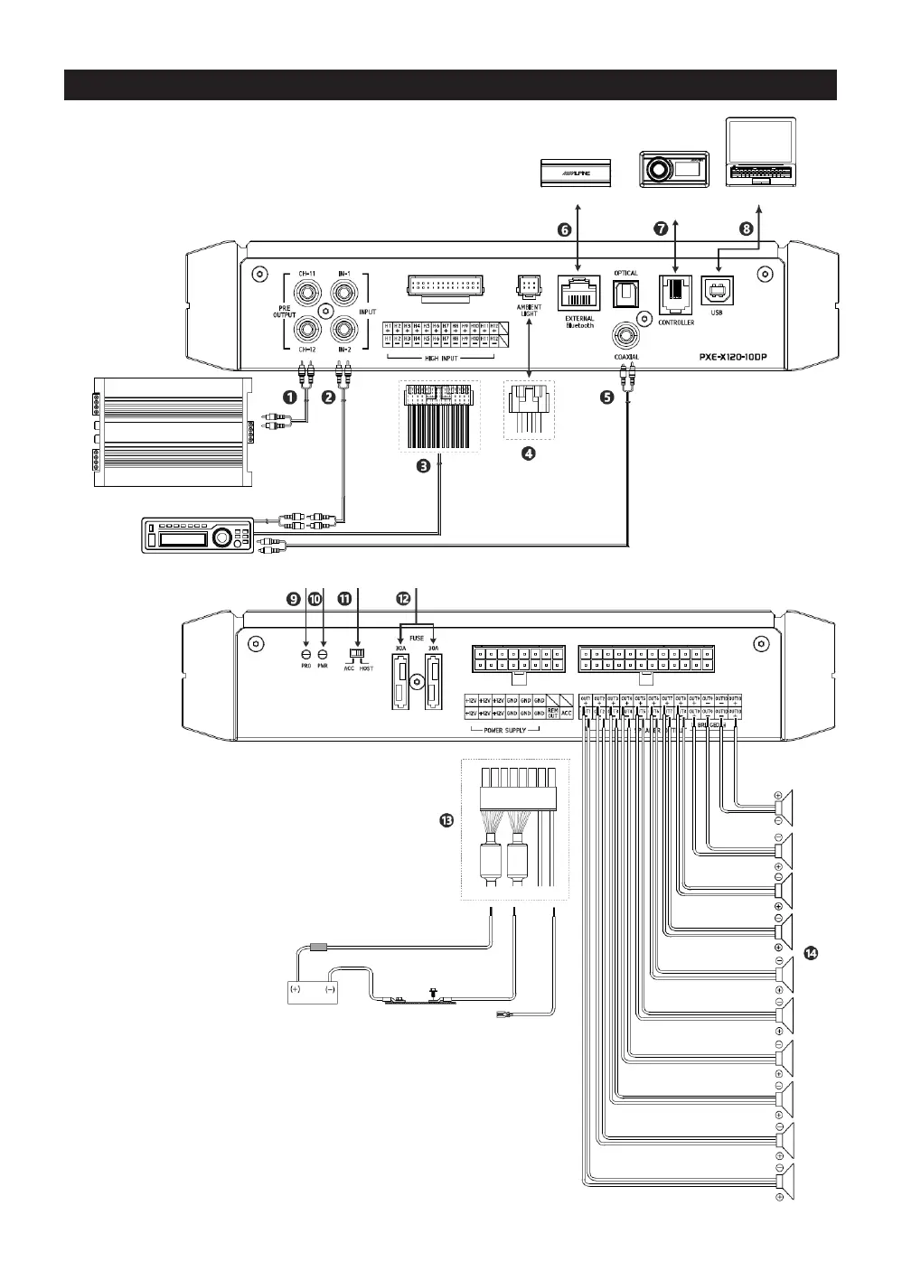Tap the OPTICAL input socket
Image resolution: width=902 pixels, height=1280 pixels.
pos(625,292)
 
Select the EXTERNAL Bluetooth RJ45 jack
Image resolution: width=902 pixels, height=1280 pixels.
pos(578,293)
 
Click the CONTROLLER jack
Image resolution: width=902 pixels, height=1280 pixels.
pos(675,292)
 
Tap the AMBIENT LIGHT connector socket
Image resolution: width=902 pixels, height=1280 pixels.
pos(529,286)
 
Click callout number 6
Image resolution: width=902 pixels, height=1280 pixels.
pos(563,229)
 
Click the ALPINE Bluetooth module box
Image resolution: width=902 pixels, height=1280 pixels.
pos(576,172)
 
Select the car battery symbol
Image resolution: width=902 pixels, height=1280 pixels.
pos(312,989)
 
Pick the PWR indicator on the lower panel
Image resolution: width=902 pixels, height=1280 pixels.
pos(323,653)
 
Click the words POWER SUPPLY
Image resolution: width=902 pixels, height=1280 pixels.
pos(505,730)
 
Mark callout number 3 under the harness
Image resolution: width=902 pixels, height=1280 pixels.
pos(422,466)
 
